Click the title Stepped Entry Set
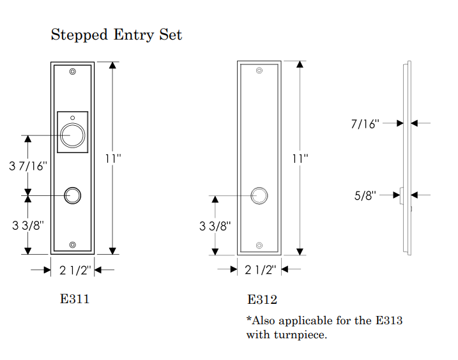point(116,34)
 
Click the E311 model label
point(74,299)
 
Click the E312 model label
point(262,299)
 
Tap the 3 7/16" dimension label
point(28,166)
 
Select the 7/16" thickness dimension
point(365,123)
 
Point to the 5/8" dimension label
point(365,195)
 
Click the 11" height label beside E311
point(113,158)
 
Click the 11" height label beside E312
point(300,158)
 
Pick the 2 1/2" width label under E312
point(260,270)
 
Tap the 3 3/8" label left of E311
point(28,225)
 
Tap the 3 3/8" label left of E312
point(215,225)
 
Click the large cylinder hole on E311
point(73,135)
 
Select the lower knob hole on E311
point(73,195)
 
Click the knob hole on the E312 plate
point(259,195)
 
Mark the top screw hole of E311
point(73,71)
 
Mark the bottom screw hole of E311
point(73,245)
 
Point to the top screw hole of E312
point(259,72)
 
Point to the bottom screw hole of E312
point(259,245)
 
